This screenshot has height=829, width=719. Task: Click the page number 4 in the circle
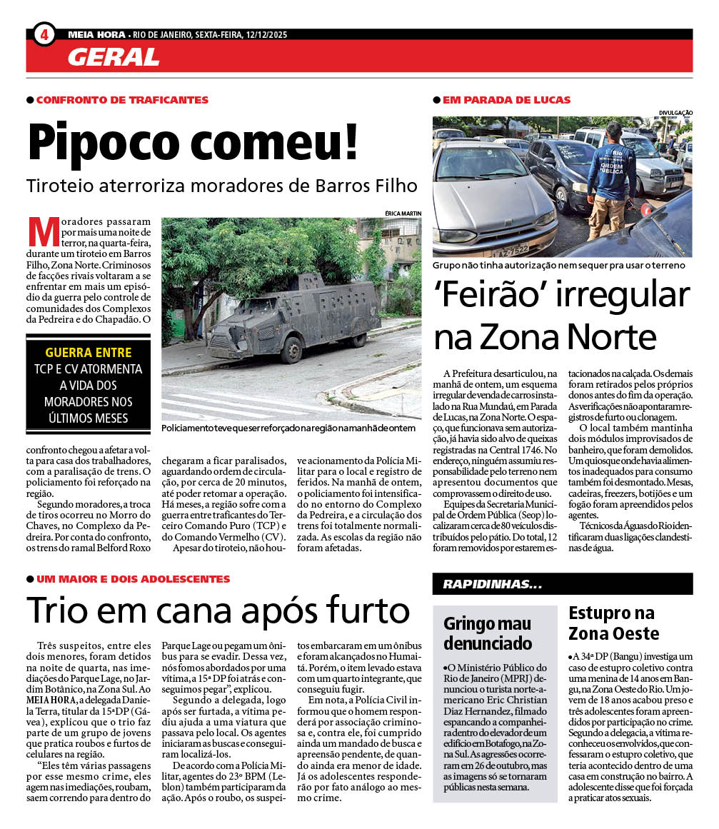coord(44,34)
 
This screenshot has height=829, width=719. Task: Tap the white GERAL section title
coord(114,56)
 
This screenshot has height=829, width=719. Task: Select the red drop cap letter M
coord(42,231)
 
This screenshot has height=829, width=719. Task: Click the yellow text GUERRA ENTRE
coord(88,352)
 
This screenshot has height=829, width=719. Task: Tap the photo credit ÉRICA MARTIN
coord(403,213)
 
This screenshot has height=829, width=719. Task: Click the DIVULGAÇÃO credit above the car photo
coord(675,112)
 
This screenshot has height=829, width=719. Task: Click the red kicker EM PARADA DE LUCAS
coord(506,100)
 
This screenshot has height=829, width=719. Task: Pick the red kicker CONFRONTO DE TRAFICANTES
coord(122,100)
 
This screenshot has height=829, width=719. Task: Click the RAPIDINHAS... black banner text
coord(492,584)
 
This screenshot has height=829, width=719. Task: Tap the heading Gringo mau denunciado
coord(488,632)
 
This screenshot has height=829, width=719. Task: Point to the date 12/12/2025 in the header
coord(268,34)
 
